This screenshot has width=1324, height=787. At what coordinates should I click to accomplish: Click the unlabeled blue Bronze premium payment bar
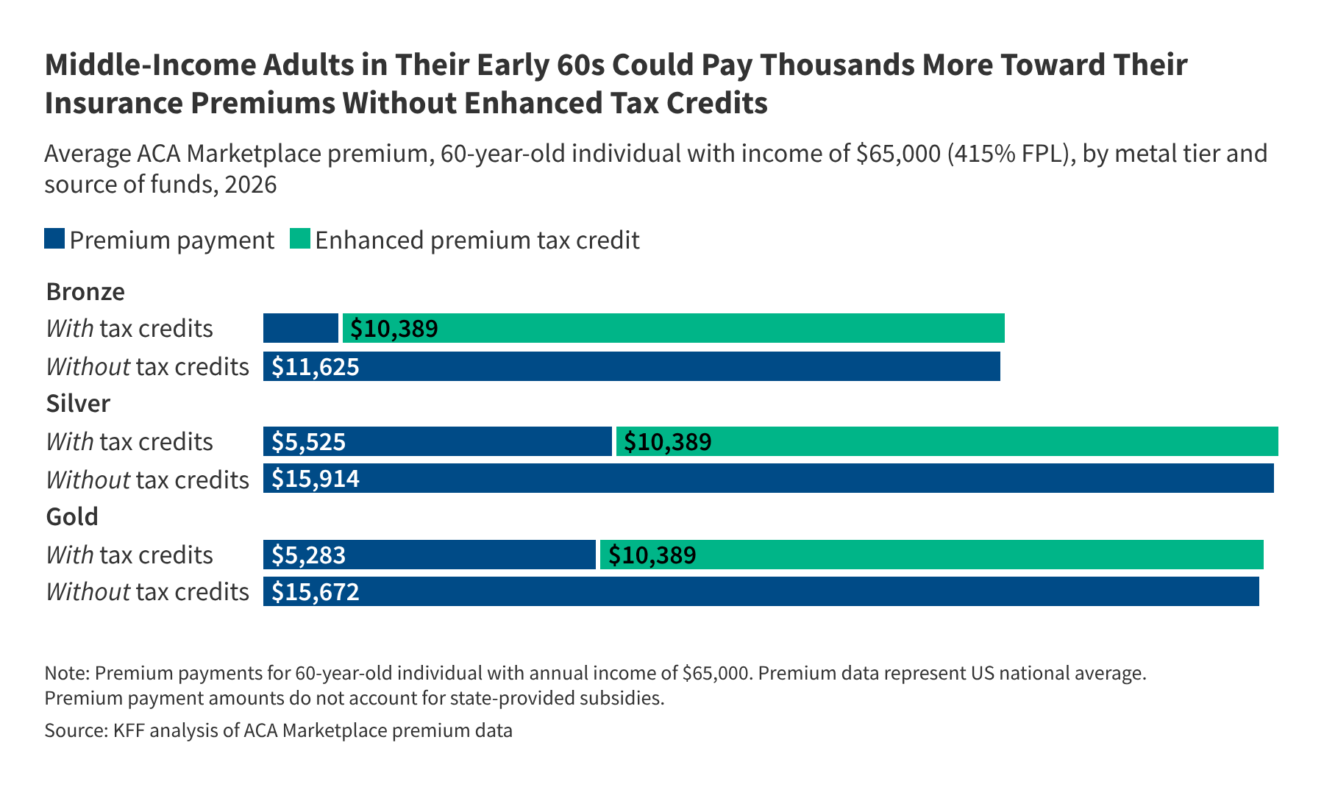300,328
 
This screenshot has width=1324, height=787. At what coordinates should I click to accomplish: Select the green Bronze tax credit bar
673,328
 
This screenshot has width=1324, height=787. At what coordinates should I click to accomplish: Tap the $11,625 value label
316,366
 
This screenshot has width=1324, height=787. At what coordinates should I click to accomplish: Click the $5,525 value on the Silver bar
308,441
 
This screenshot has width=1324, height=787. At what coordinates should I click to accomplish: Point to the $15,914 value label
316,479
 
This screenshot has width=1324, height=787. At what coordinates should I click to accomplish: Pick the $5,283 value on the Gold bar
308,555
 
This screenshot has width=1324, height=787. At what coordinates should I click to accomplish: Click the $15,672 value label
316,591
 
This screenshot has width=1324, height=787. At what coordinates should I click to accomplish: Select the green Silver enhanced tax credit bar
947,441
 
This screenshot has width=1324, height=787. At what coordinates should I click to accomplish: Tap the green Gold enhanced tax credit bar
931,555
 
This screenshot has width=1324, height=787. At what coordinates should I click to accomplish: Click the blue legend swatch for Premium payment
54,239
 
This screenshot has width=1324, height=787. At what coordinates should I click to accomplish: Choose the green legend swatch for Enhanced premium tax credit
300,239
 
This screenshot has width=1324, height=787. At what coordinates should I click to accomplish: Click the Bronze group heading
85,292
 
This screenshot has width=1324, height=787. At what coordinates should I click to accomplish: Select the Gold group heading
72,516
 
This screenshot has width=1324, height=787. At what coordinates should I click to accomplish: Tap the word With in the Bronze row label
70,328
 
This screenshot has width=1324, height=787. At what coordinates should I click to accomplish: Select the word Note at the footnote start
65,673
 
